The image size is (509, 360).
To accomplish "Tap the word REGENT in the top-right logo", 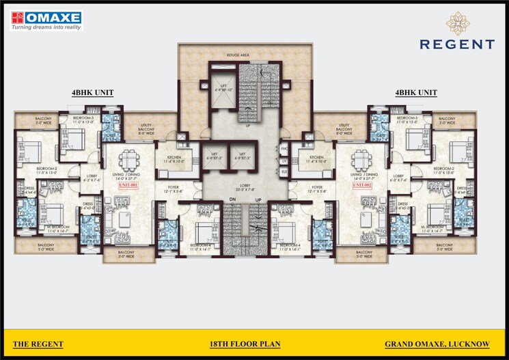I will (457, 44).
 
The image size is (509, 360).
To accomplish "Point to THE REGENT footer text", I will (38, 344).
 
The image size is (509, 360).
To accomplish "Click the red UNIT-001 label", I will (128, 185).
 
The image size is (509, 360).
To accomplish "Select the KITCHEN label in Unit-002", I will (316, 157).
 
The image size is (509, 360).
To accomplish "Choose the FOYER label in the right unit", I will (316, 186).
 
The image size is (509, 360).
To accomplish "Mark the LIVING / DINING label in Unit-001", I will (128, 175).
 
